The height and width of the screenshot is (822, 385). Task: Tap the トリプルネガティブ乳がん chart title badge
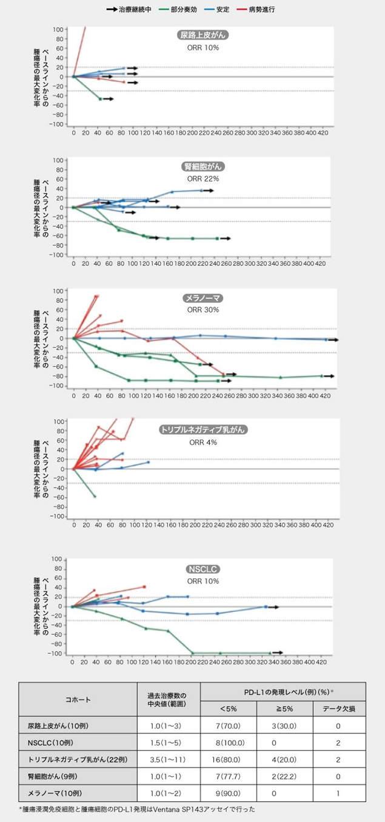[203, 430]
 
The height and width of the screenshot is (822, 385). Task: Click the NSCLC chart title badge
[203, 569]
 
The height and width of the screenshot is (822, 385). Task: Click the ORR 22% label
[203, 179]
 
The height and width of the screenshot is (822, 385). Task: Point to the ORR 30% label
[203, 310]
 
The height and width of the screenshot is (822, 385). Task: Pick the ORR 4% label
[203, 442]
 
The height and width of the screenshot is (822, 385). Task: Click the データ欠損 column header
[338, 708]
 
